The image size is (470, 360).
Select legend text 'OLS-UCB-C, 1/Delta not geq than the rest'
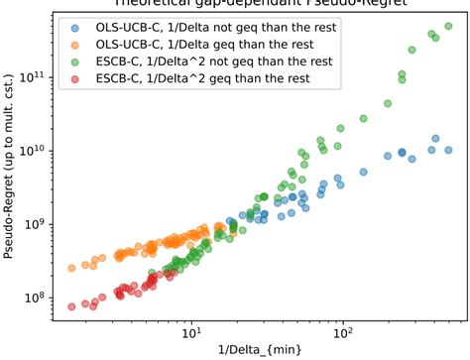(207, 28)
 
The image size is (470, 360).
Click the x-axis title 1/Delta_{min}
(260, 350)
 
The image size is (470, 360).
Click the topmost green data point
(449, 27)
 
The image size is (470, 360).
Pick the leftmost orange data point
(71, 268)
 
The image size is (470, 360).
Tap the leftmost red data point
(72, 306)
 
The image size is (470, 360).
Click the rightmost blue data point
(448, 150)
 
